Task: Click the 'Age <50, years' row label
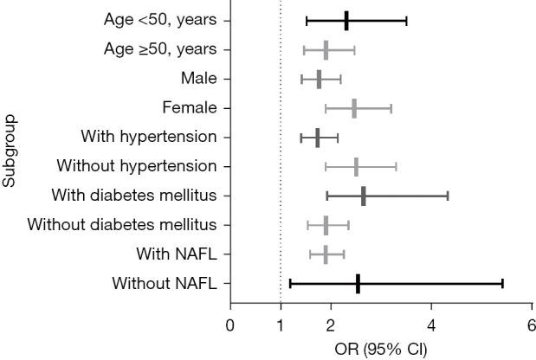click(155, 20)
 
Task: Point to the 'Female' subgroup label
click(190, 107)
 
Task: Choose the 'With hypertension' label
click(148, 137)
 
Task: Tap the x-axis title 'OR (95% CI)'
click(380, 350)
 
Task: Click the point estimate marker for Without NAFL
click(358, 283)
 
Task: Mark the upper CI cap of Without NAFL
click(502, 283)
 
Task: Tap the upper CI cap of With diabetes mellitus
click(447, 196)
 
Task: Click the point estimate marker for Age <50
click(346, 20)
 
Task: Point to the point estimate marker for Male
click(319, 79)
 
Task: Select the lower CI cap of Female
click(326, 108)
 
